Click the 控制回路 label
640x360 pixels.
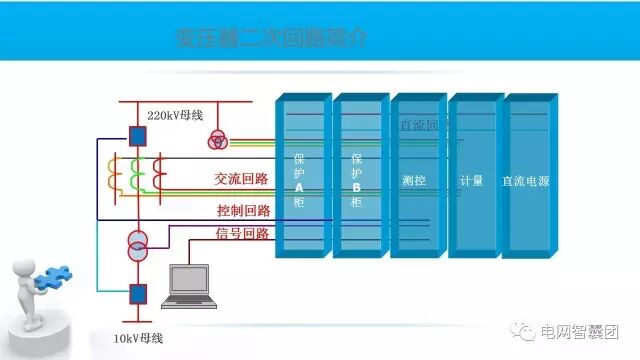[243, 210]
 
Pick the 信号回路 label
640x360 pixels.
[243, 234]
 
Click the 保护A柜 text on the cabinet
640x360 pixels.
[299, 180]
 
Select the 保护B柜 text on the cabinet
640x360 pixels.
[357, 180]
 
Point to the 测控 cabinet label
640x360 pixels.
[414, 180]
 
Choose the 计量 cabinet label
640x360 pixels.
[471, 181]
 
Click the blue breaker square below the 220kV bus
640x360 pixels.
[138, 135]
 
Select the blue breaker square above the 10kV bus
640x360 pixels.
[138, 293]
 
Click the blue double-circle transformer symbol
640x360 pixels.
[138, 242]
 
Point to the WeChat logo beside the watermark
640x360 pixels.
[551, 333]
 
